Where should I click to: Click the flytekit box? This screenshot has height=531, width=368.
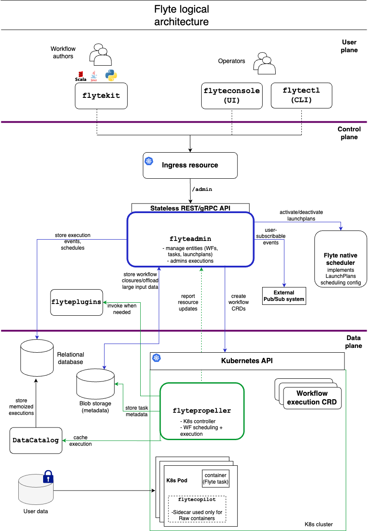pyautogui.click(x=101, y=96)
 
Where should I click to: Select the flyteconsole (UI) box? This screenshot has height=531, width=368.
pyautogui.click(x=232, y=96)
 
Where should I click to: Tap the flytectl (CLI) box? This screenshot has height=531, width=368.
pyautogui.click(x=301, y=96)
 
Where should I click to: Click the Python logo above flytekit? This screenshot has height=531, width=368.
pyautogui.click(x=111, y=76)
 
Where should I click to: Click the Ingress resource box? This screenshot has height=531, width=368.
pyautogui.click(x=190, y=165)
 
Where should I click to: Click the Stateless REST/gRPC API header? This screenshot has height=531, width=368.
pyautogui.click(x=190, y=207)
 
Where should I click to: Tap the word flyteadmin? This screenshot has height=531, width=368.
pyautogui.click(x=190, y=238)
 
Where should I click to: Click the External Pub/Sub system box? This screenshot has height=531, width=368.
pyautogui.click(x=284, y=296)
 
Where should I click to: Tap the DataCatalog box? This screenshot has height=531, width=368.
pyautogui.click(x=36, y=440)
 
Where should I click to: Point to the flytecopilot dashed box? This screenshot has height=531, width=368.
pyautogui.click(x=197, y=509)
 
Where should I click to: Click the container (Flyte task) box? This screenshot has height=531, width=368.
pyautogui.click(x=216, y=478)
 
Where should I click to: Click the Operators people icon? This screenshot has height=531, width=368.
pyautogui.click(x=263, y=63)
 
